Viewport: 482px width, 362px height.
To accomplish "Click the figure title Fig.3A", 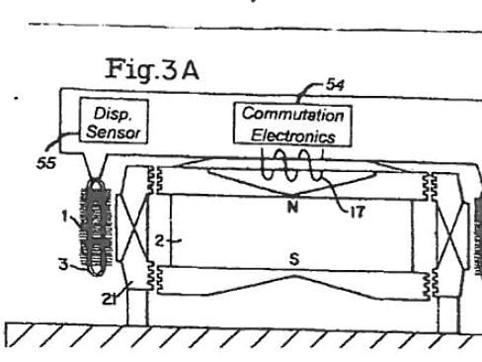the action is (152, 69).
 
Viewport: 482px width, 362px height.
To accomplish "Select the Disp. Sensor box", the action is (114, 122).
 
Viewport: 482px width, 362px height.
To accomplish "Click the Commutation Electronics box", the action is (292, 125).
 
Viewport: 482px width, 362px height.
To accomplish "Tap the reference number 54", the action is (336, 85).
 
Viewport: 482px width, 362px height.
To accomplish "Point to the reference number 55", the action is (46, 162).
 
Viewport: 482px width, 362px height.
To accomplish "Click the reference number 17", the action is (358, 212).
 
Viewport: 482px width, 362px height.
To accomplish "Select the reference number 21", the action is (110, 299).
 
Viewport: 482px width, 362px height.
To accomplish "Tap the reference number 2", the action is (159, 241).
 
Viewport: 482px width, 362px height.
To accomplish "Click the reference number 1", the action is (65, 217).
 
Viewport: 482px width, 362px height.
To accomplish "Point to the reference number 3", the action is (63, 264).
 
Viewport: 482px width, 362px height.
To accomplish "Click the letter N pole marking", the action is (292, 207).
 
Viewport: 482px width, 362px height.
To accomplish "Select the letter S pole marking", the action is (294, 259).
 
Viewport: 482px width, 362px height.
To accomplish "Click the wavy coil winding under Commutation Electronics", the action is (291, 165).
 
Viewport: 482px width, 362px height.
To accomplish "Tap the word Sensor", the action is (114, 132).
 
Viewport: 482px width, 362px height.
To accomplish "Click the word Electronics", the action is (293, 136).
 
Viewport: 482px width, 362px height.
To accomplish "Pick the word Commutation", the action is (292, 115).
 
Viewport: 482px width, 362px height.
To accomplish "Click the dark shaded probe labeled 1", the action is (96, 227).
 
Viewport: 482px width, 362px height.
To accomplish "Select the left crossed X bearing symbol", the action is (132, 227).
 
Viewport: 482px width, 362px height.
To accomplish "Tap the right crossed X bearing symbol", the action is (451, 236).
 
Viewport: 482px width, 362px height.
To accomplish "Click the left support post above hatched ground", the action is (137, 307).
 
